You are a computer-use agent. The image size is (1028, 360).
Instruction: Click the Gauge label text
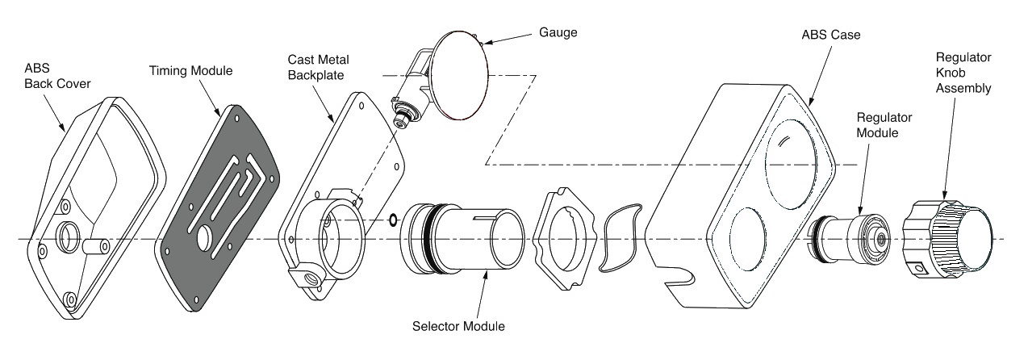(x=558, y=32)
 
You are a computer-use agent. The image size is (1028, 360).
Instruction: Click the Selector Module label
(x=458, y=327)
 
